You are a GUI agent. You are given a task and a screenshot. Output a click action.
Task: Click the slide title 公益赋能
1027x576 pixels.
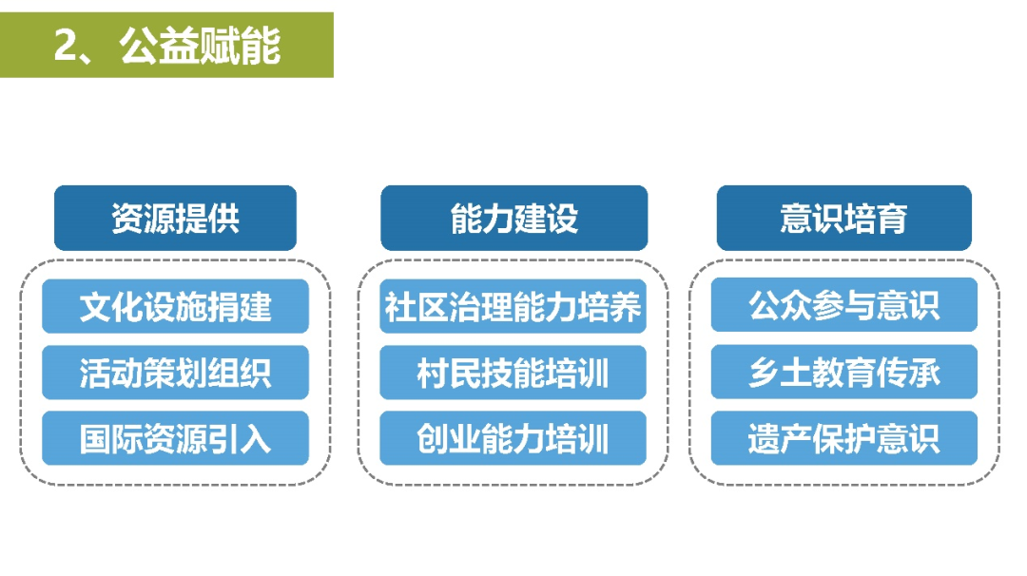200,46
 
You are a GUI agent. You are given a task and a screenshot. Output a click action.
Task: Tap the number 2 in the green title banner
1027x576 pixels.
65,46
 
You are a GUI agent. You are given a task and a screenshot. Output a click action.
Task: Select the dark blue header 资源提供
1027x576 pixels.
176,218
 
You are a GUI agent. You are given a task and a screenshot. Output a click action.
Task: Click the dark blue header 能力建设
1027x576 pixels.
514,218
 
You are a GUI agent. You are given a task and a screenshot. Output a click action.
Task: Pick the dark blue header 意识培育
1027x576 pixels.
844,218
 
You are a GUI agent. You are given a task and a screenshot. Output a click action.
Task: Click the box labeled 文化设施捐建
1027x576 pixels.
176,306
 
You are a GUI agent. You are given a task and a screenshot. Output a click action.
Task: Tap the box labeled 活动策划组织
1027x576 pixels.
176,373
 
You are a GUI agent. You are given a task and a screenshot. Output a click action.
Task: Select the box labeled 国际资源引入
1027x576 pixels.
176,438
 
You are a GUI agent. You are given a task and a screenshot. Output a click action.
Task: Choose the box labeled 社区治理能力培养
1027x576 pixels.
513,306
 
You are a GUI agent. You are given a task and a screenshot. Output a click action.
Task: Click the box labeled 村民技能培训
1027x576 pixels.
513,373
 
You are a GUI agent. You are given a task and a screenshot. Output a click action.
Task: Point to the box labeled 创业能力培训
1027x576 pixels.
513,438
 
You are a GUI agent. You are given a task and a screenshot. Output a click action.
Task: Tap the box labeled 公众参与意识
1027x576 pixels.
844,304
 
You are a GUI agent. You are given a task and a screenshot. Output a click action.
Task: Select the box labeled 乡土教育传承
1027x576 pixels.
844,372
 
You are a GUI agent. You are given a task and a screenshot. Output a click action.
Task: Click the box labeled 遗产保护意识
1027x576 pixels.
844,438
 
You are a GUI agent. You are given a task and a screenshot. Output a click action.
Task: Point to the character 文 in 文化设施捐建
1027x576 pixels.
96,306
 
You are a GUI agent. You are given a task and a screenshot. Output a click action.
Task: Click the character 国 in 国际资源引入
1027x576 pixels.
96,438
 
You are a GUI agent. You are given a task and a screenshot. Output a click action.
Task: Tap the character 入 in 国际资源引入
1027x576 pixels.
256,438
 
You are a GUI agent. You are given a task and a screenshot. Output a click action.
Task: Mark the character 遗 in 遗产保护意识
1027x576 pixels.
765,438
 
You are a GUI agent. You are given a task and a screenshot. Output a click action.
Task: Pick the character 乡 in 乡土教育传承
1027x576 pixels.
765,373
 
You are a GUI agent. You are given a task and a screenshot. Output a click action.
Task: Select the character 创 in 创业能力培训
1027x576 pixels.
433,438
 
